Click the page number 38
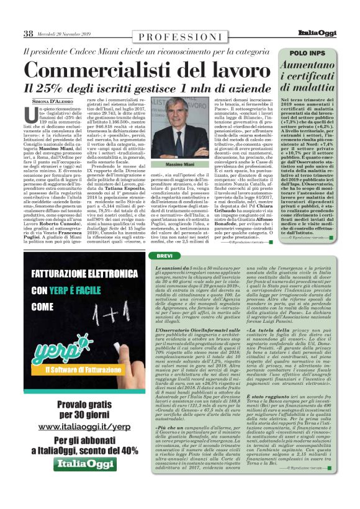pyautogui.click(x=29, y=34)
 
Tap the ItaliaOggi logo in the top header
pyautogui.click(x=330, y=34)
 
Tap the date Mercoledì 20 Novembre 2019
pyautogui.click(x=65, y=34)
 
